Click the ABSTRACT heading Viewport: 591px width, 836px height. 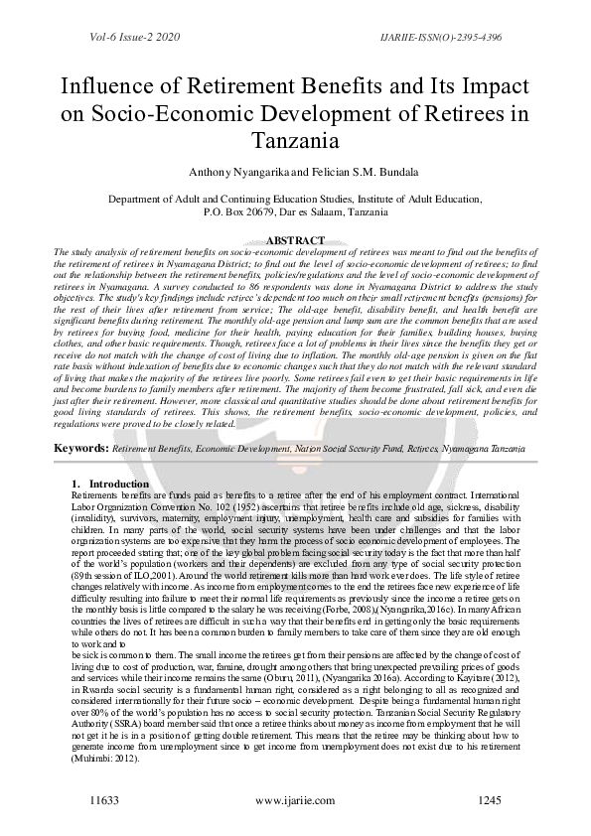pyautogui.click(x=296, y=240)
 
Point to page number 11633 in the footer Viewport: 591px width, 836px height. pyautogui.click(x=105, y=798)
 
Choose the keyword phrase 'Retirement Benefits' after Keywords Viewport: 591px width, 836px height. pyautogui.click(x=150, y=450)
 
